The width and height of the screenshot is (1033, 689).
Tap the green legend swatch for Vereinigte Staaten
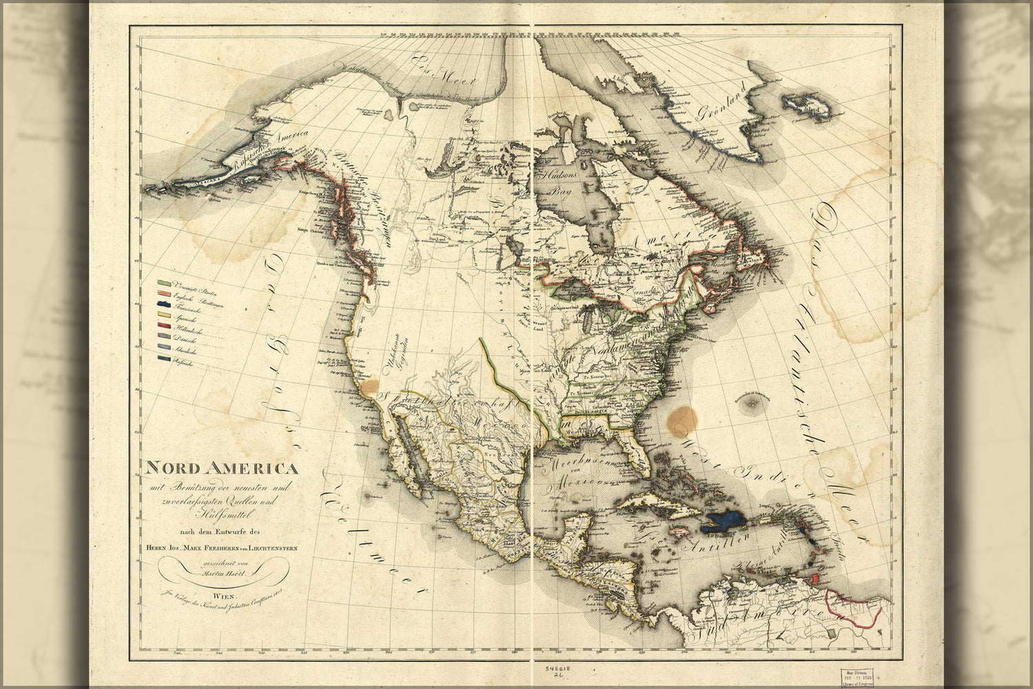click(165, 283)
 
